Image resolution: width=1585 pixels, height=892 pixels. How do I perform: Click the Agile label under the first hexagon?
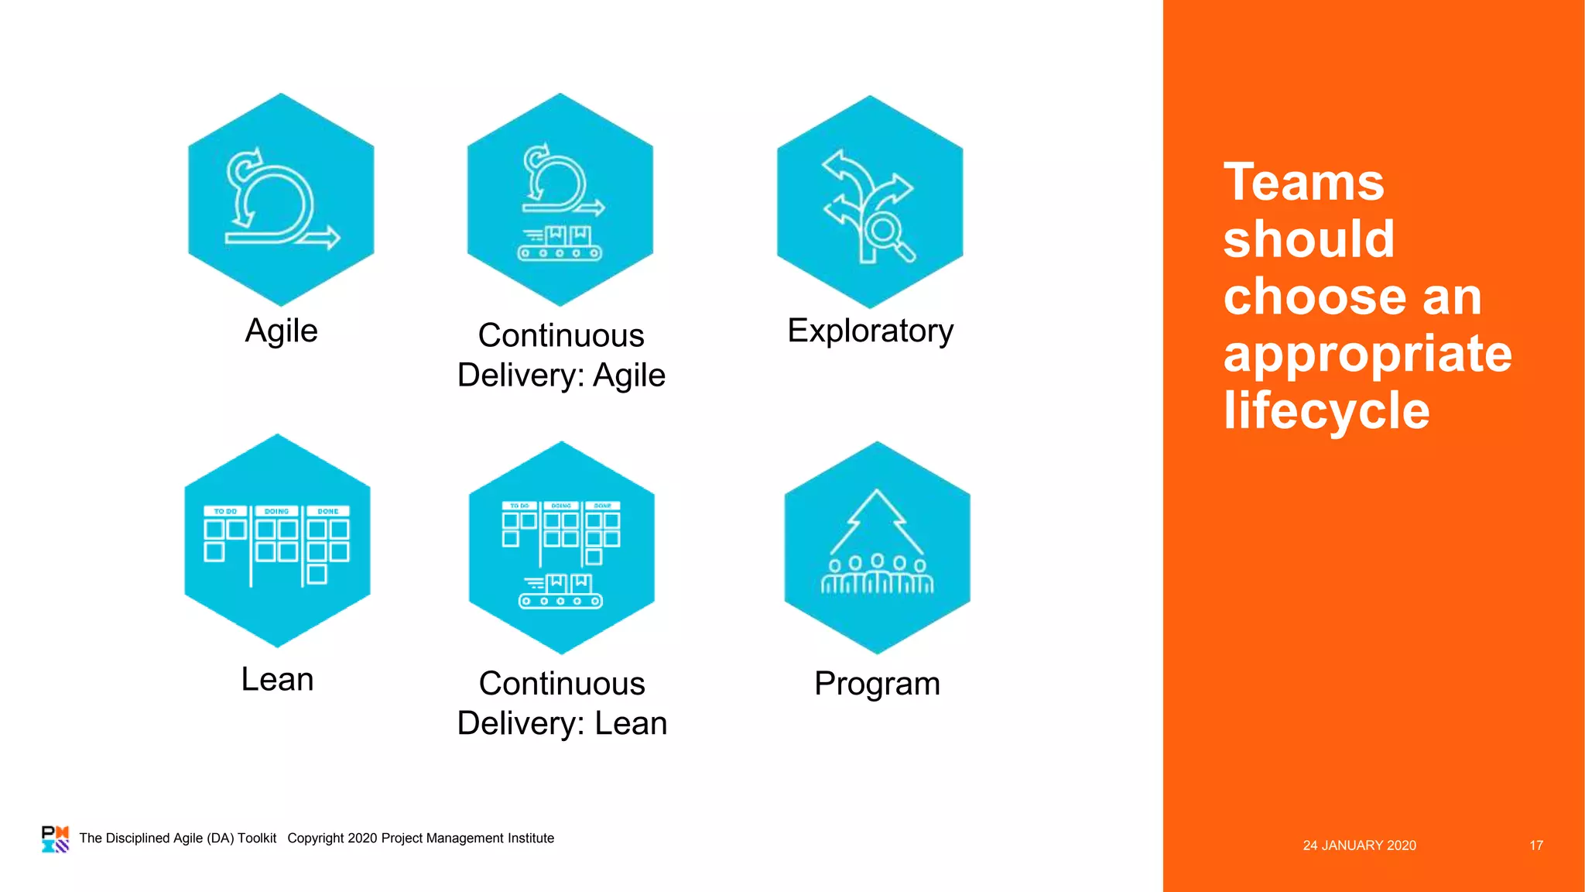coord(281,331)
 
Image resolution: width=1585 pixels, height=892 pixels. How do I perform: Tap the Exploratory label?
coord(870,331)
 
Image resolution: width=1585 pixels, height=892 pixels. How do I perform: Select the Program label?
coord(877,684)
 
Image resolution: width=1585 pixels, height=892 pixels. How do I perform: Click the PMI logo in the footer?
coord(55,839)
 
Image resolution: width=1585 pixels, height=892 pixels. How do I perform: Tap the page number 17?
coord(1535,846)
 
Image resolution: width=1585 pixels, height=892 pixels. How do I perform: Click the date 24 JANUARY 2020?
coord(1359,846)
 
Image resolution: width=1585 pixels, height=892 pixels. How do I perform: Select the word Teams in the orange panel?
coord(1303,183)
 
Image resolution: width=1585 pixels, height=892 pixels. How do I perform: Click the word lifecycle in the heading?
coord(1327,410)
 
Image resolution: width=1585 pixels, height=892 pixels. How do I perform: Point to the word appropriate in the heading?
coord(1368,353)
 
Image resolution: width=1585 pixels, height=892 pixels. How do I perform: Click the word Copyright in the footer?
coord(316,838)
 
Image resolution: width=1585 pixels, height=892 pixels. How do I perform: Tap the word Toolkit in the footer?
coord(257,838)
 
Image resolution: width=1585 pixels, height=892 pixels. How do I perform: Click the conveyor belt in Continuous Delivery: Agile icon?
coord(560,252)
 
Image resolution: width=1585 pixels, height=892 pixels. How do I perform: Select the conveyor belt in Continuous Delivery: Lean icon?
coord(560,600)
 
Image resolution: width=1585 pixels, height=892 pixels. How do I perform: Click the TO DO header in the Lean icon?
coord(225,511)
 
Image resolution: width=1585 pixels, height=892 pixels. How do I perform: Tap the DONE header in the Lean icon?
coord(328,511)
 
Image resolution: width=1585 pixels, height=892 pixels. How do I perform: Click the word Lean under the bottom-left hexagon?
coord(277,679)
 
